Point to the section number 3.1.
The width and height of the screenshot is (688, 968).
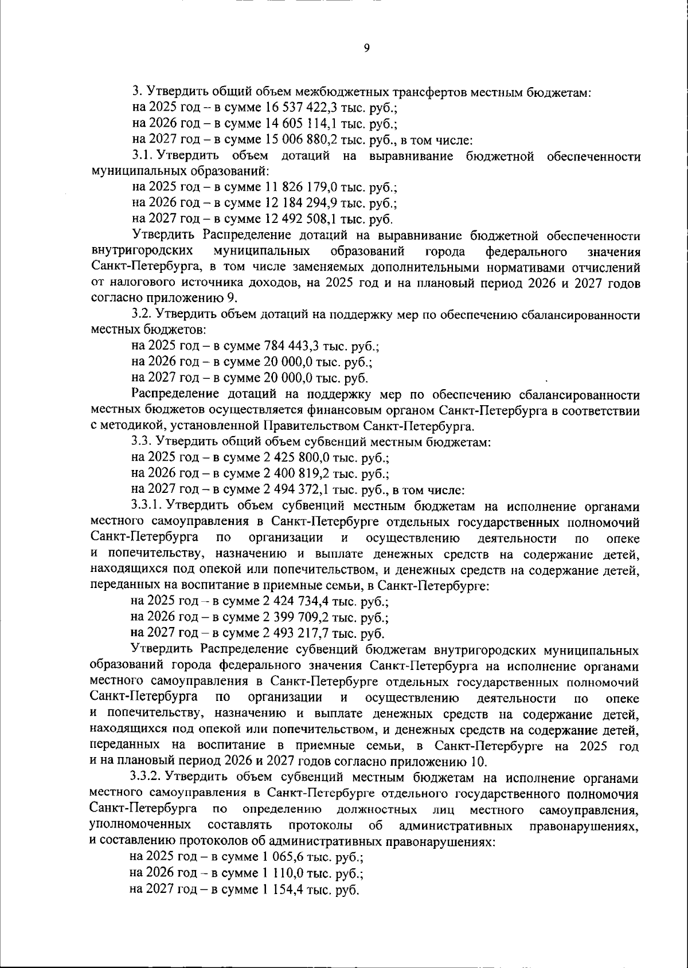point(143,156)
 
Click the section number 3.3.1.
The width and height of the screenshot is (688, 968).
point(147,506)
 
